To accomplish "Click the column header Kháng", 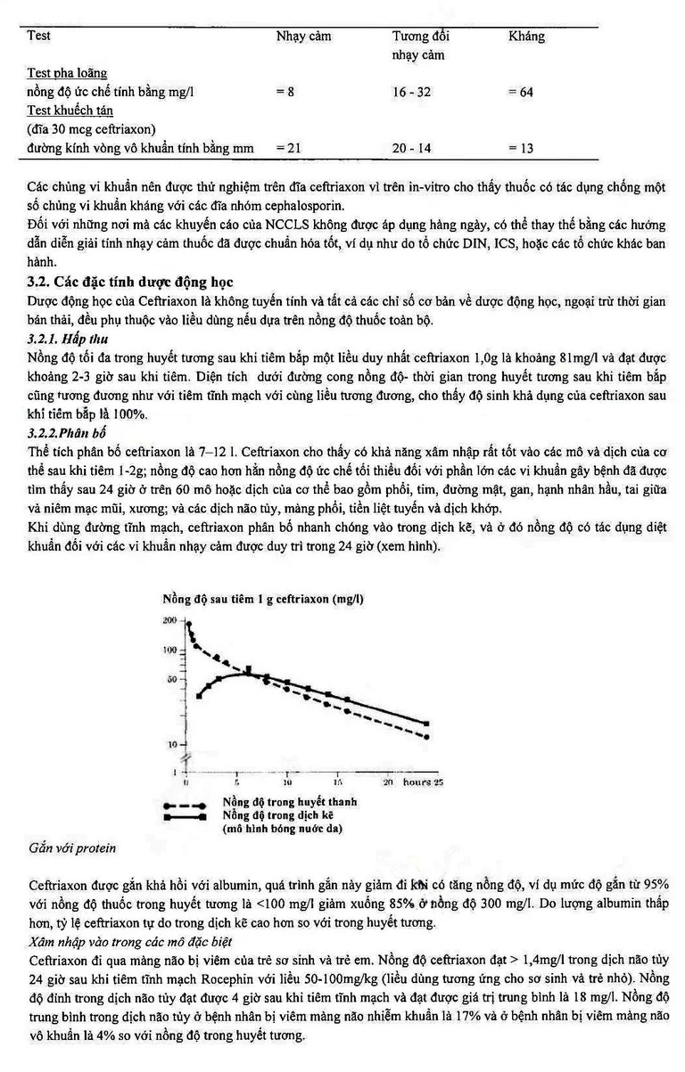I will click(525, 37).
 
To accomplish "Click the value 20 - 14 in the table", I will click(411, 148).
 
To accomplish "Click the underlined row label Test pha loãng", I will click(67, 73).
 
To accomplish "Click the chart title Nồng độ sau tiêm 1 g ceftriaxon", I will click(261, 599).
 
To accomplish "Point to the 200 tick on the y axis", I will click(169, 618).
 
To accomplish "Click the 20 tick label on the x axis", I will click(387, 782).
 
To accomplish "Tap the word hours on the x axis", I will click(417, 782).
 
